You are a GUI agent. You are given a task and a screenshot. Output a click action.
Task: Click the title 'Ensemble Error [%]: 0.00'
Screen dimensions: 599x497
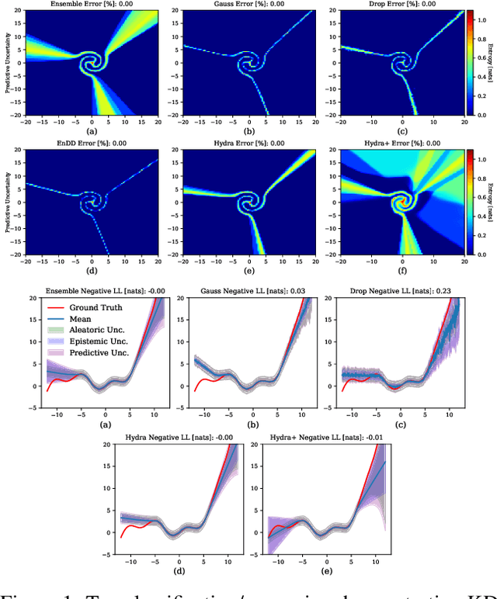tap(92, 5)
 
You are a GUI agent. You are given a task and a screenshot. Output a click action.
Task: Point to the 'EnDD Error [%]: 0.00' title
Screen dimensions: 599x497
tap(92, 144)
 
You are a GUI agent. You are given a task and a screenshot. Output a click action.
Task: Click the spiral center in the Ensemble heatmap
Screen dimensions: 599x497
tap(92, 61)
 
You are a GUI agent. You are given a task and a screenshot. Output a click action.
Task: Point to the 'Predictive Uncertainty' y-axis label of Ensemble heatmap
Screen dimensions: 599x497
tap(8, 62)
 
